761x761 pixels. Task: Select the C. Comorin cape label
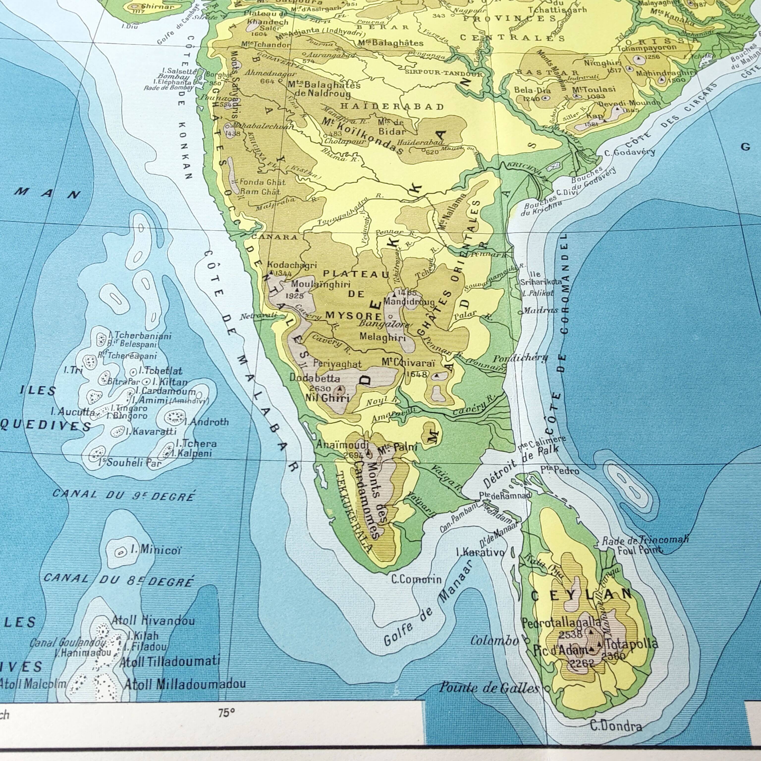pos(416,579)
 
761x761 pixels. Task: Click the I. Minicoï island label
pos(156,550)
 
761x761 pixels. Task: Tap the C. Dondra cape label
pos(616,726)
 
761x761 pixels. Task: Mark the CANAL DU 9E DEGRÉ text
pos(124,495)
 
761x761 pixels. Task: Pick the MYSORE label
pos(353,316)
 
